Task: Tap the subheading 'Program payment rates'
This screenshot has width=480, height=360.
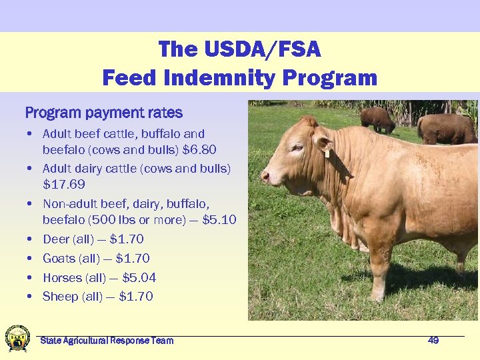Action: click(103, 113)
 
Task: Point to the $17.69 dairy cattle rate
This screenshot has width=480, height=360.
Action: click(64, 184)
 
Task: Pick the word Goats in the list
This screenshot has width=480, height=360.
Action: click(59, 258)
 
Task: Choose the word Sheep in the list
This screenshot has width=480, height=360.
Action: click(60, 296)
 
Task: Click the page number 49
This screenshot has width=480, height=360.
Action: click(433, 340)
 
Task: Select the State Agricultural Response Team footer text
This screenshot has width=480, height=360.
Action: click(107, 341)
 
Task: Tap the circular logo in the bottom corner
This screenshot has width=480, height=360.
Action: click(17, 339)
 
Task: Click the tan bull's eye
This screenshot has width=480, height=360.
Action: click(297, 147)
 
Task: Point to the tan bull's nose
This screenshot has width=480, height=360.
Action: click(265, 177)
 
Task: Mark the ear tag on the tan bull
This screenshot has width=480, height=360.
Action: click(327, 153)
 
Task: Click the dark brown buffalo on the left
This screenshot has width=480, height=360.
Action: click(377, 119)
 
